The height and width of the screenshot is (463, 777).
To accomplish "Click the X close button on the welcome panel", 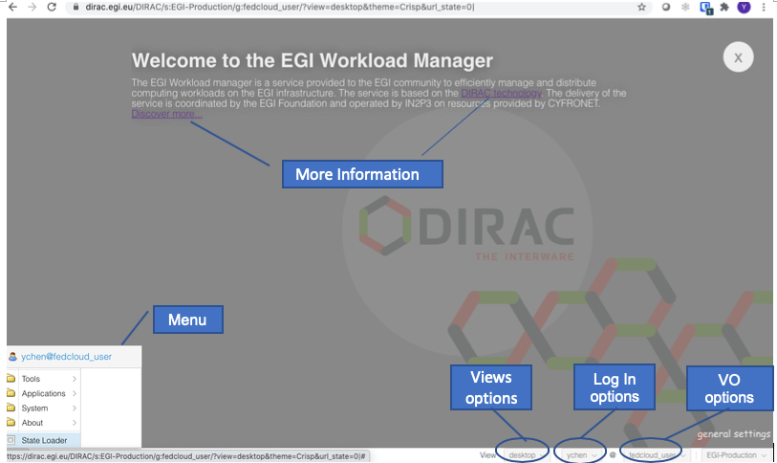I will click(737, 57).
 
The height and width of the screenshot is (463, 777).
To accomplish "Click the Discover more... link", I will click(167, 114).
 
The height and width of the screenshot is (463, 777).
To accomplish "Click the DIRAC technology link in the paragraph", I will click(502, 94).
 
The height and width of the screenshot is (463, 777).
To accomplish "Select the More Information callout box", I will click(361, 174).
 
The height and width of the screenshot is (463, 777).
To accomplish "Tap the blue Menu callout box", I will click(186, 320).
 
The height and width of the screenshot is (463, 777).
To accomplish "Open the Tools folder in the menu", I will click(32, 379).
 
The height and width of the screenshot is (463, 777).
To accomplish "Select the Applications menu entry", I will click(43, 393).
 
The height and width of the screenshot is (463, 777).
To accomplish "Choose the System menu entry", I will click(34, 408).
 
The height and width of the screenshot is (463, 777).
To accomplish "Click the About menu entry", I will click(32, 423).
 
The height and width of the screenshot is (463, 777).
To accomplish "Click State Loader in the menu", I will click(43, 439).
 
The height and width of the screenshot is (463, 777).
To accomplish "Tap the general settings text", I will click(733, 434).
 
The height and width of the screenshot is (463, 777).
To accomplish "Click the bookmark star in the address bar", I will click(642, 7).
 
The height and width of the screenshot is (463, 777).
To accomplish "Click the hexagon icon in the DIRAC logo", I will click(382, 225).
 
